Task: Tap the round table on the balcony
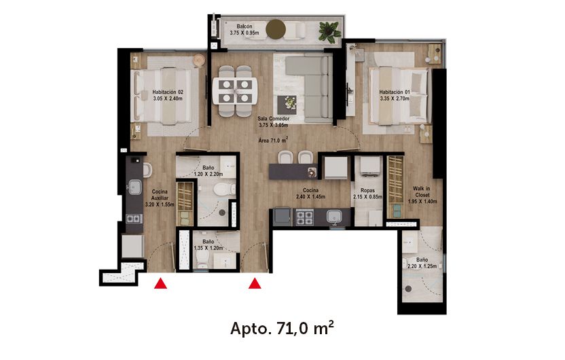276,29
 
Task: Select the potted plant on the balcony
330,30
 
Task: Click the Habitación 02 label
168,94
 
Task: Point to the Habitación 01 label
395,94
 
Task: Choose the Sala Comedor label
274,122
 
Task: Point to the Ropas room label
367,194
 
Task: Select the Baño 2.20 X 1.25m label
422,263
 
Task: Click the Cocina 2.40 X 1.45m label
311,194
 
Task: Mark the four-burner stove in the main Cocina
304,218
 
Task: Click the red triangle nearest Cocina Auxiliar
161,283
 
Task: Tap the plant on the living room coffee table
291,103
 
